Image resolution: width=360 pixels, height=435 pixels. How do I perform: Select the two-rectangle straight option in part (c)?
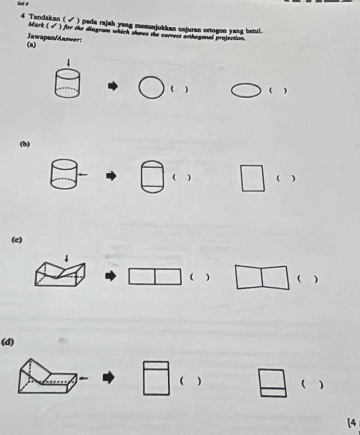click(x=154, y=277)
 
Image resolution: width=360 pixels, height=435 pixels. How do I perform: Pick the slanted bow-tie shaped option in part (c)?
click(x=262, y=277)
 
